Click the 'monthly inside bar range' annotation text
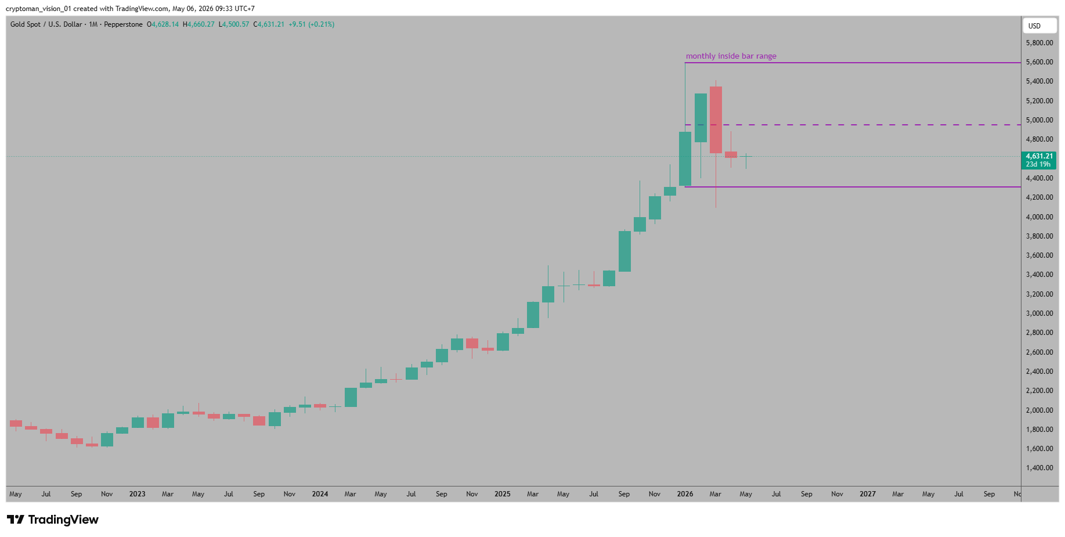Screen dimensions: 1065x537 click(x=731, y=56)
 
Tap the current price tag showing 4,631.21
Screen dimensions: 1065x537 click(x=1039, y=160)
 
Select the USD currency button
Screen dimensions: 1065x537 click(x=1039, y=26)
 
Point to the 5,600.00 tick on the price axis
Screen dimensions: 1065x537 click(x=1039, y=62)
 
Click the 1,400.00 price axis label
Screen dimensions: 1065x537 click(x=1039, y=468)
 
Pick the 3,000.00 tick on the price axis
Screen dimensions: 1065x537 click(x=1039, y=313)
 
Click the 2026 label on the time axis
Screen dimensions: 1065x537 click(x=685, y=494)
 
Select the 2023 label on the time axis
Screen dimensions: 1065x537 click(x=137, y=494)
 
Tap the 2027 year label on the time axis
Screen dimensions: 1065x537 click(x=868, y=494)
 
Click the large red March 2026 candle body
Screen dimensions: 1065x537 click(x=716, y=120)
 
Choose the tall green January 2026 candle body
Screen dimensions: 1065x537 click(x=685, y=159)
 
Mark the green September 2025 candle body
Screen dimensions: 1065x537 click(x=624, y=251)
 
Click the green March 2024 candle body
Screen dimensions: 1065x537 click(x=351, y=397)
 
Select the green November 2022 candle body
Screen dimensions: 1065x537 click(x=107, y=439)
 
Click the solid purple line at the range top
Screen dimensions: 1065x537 click(x=853, y=62)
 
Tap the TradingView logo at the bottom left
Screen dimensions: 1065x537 click(x=53, y=520)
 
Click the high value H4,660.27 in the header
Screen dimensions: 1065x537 click(x=198, y=24)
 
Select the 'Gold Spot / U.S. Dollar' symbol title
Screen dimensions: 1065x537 click(x=46, y=24)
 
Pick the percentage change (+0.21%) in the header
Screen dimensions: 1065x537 click(x=321, y=24)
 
